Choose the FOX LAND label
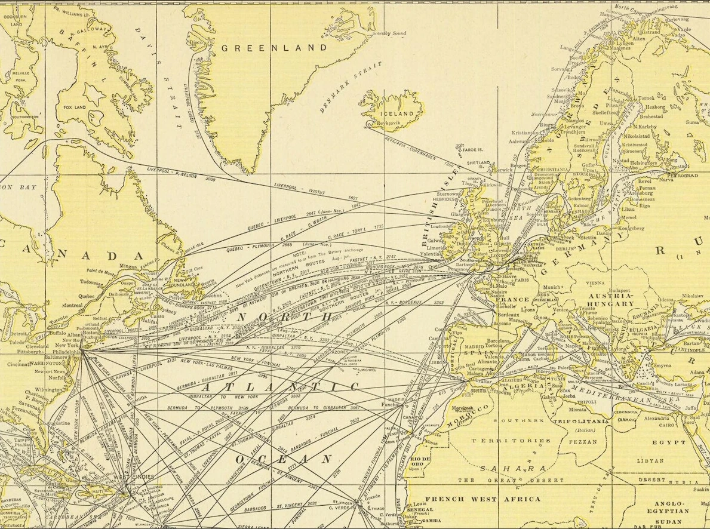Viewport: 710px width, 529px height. pyautogui.click(x=76, y=108)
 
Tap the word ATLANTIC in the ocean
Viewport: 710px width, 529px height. pyautogui.click(x=281, y=387)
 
